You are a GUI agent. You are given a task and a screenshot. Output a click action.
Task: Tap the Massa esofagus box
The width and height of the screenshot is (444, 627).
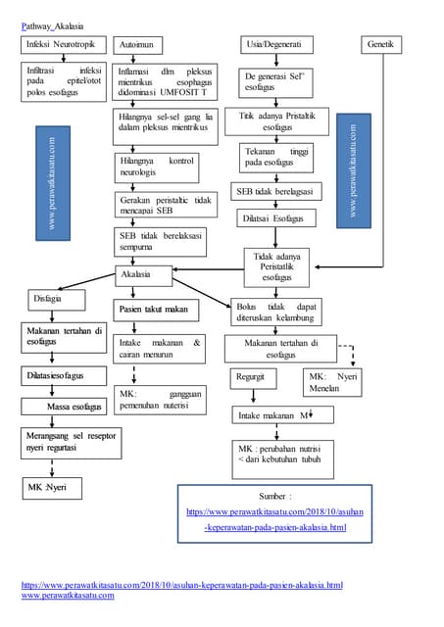coord(74,406)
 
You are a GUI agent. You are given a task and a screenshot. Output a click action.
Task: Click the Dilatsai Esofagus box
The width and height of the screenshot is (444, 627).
coord(273,218)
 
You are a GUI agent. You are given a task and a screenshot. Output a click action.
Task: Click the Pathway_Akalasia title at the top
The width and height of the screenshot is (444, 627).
coord(53,24)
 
